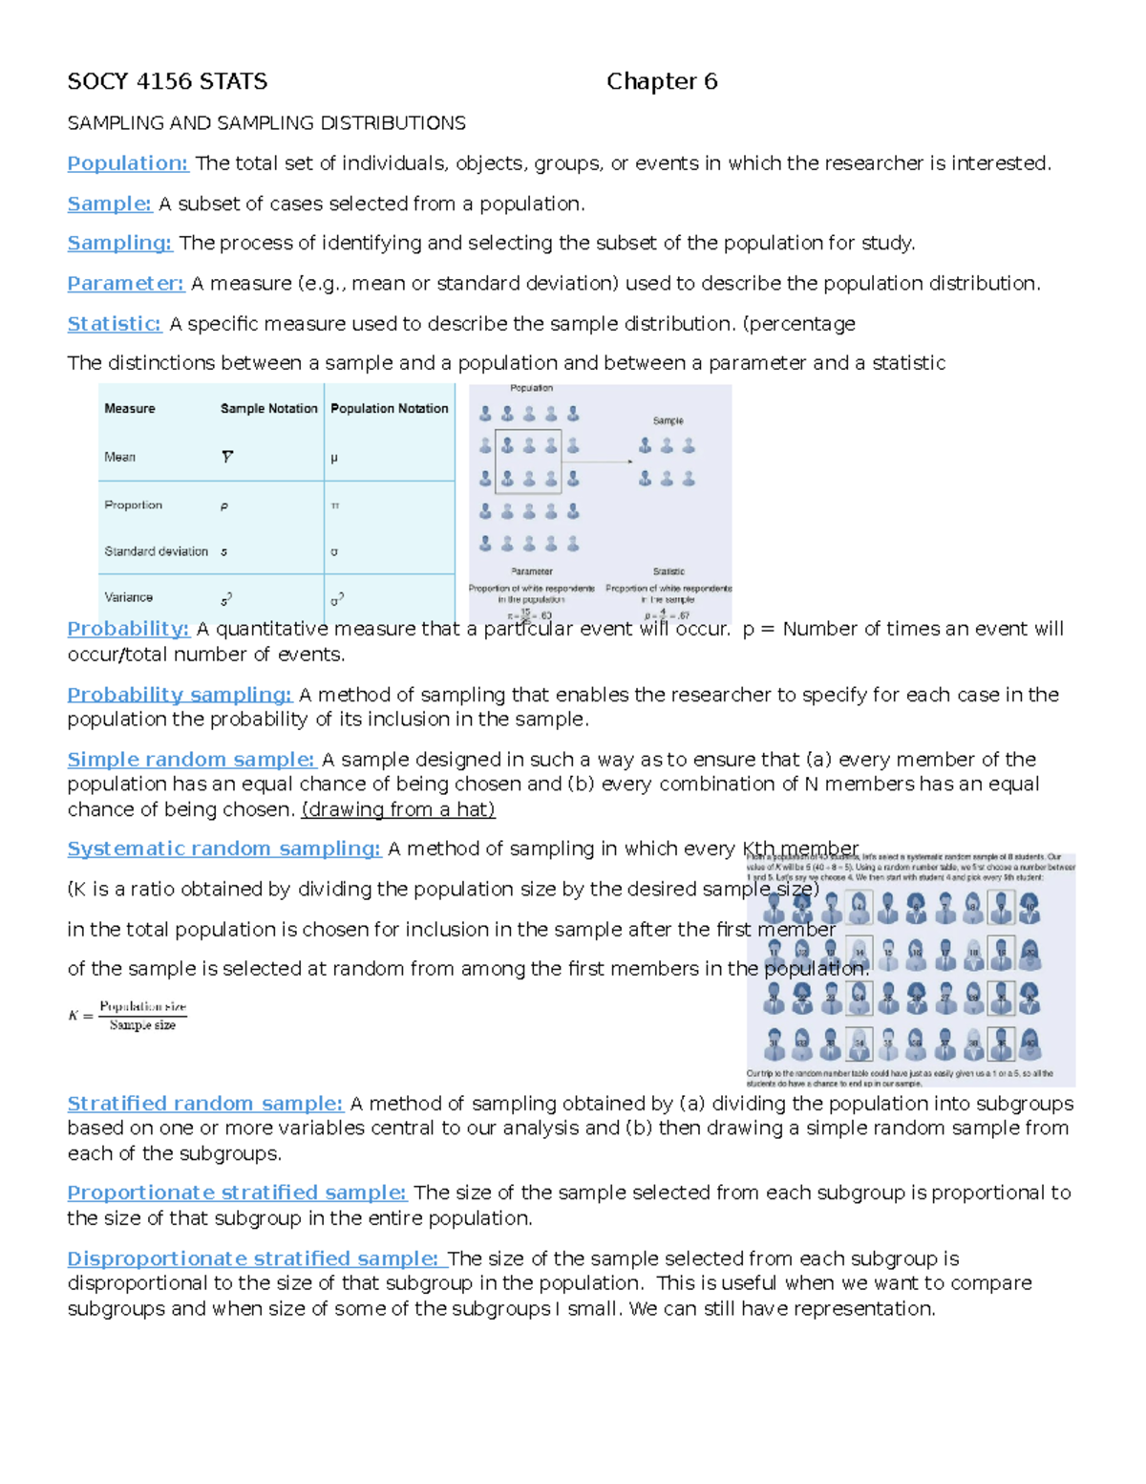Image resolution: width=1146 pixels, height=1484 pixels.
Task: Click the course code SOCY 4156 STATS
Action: pos(167,82)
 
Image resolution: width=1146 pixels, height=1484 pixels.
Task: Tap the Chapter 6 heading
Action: pos(662,82)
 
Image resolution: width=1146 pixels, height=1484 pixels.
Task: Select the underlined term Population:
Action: pos(128,163)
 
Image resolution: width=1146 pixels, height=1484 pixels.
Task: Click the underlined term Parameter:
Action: pos(125,284)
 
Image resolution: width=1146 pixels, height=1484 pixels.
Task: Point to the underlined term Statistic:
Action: pos(114,324)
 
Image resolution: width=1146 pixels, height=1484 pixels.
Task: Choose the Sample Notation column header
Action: pos(268,408)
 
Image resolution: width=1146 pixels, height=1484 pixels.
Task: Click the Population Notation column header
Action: pos(389,408)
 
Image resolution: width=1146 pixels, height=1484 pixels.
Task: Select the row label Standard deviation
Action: pos(156,551)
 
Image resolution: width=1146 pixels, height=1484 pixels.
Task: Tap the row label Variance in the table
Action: pos(128,597)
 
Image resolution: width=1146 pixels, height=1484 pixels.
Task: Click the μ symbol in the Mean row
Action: pos(334,458)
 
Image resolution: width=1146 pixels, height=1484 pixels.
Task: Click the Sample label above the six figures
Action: pos(668,420)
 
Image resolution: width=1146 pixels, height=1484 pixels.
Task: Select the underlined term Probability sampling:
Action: pos(179,695)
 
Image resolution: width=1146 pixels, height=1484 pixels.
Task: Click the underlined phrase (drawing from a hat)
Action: pos(398,809)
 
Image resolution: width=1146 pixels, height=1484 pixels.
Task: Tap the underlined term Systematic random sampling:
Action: pos(223,849)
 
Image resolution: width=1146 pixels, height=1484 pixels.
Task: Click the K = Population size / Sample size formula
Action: pos(128,1016)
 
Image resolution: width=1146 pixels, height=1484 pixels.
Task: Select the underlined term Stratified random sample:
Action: pos(204,1104)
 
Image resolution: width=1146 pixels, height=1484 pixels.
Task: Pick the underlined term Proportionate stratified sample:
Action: pos(236,1193)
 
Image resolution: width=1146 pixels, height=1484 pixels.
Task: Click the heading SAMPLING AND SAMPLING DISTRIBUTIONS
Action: pos(266,123)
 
